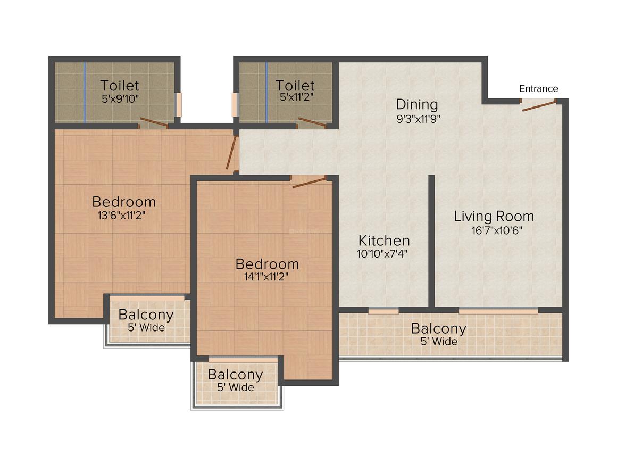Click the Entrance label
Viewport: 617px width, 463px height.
(538, 88)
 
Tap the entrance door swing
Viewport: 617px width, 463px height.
(539, 105)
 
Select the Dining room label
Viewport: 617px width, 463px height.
(417, 104)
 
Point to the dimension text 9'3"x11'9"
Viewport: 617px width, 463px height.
(419, 119)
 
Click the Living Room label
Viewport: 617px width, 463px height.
(494, 217)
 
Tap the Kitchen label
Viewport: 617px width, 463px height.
(383, 241)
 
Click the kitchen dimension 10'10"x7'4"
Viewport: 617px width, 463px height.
(383, 254)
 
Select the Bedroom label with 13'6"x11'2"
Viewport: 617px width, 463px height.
(124, 202)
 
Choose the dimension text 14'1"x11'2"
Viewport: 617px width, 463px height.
(267, 277)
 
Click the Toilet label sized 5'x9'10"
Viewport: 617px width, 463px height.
(120, 85)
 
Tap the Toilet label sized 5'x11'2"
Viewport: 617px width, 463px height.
(295, 85)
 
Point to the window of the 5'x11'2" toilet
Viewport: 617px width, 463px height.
(235, 105)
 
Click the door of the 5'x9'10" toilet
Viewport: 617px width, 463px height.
(153, 122)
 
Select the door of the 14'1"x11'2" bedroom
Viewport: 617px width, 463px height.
(308, 182)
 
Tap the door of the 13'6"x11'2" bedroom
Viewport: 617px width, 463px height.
(231, 153)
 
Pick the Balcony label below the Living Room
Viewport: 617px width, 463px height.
(438, 329)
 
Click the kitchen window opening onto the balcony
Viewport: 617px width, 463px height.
(383, 311)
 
